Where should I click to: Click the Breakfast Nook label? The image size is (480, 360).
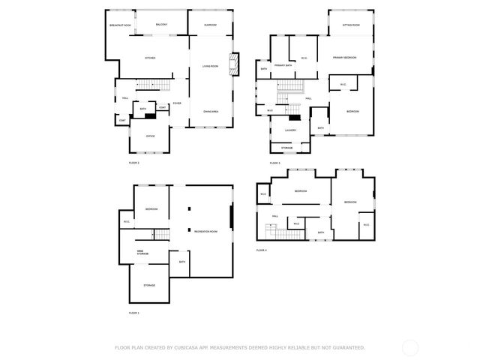point(120,25)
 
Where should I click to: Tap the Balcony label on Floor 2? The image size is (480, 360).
point(161,25)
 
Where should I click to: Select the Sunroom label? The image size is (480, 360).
point(211,25)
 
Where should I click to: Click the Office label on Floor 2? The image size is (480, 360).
point(150,136)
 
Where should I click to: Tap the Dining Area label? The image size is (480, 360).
point(211,112)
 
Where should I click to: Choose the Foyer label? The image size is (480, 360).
point(177,103)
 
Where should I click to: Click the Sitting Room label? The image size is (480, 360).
point(350,25)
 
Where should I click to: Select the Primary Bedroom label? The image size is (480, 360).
point(344,58)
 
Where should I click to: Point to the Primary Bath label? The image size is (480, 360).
point(283,65)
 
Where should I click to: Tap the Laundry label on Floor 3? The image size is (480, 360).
point(290,130)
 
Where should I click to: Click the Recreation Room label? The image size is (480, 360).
point(205,231)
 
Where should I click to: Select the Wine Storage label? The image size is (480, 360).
point(142,252)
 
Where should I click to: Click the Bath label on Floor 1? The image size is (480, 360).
point(181,262)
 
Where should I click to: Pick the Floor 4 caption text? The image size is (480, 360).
point(262,250)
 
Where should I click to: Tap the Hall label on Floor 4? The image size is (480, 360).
point(275,216)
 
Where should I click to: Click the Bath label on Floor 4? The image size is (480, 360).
point(320,232)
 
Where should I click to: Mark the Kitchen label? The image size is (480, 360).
point(149,58)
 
